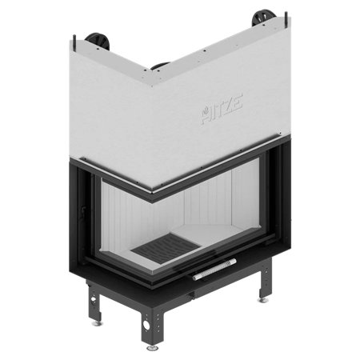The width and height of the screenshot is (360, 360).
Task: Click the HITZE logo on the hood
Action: (x=222, y=109)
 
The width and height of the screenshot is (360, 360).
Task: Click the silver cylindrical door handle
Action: (x=214, y=270)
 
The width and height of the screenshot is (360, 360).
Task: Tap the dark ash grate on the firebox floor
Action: (x=166, y=247)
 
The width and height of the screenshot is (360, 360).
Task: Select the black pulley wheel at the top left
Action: (x=98, y=42)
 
